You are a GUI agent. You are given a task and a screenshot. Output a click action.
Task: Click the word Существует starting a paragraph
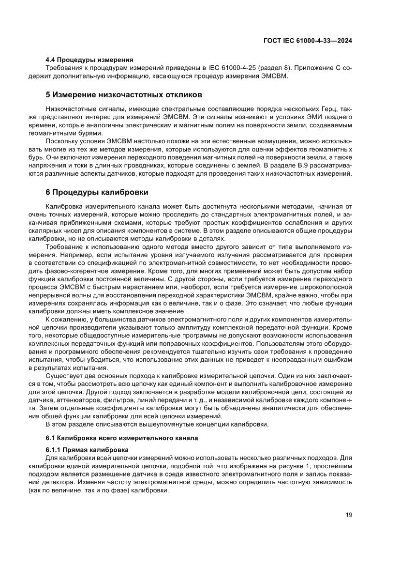[x=65, y=376]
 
